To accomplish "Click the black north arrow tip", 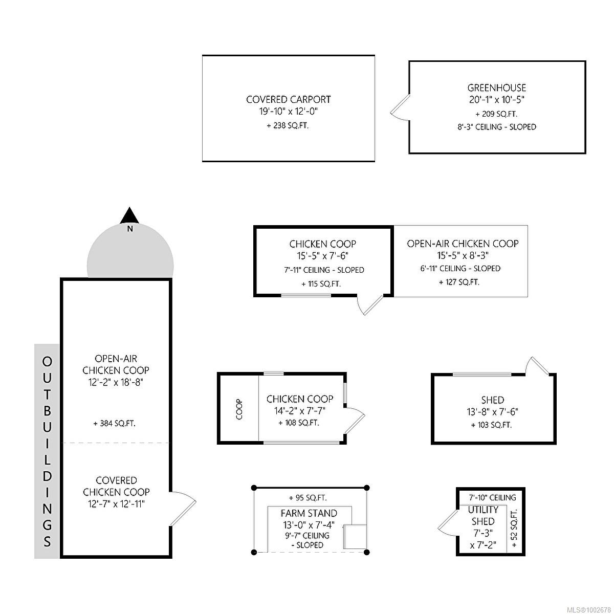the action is pyautogui.click(x=129, y=208).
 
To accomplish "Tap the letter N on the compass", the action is pyautogui.click(x=130, y=228).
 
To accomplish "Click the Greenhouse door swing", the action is pyautogui.click(x=400, y=107).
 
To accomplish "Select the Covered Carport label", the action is pyautogui.click(x=289, y=99).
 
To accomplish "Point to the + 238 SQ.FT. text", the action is pyautogui.click(x=288, y=125).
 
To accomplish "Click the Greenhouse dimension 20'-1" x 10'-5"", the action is pyautogui.click(x=497, y=100).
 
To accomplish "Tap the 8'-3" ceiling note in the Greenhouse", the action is pyautogui.click(x=497, y=127).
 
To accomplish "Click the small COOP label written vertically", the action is pyautogui.click(x=239, y=409).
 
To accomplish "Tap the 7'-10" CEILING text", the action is pyautogui.click(x=492, y=497).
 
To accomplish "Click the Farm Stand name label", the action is pyautogui.click(x=309, y=513).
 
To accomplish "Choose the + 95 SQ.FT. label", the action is pyautogui.click(x=308, y=497).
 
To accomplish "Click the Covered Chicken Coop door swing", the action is pyautogui.click(x=183, y=509).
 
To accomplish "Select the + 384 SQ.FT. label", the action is pyautogui.click(x=115, y=424).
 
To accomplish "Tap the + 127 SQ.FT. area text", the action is pyautogui.click(x=459, y=282).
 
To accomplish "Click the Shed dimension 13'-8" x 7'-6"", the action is pyautogui.click(x=493, y=412).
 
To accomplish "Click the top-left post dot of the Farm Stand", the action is pyautogui.click(x=254, y=488).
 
